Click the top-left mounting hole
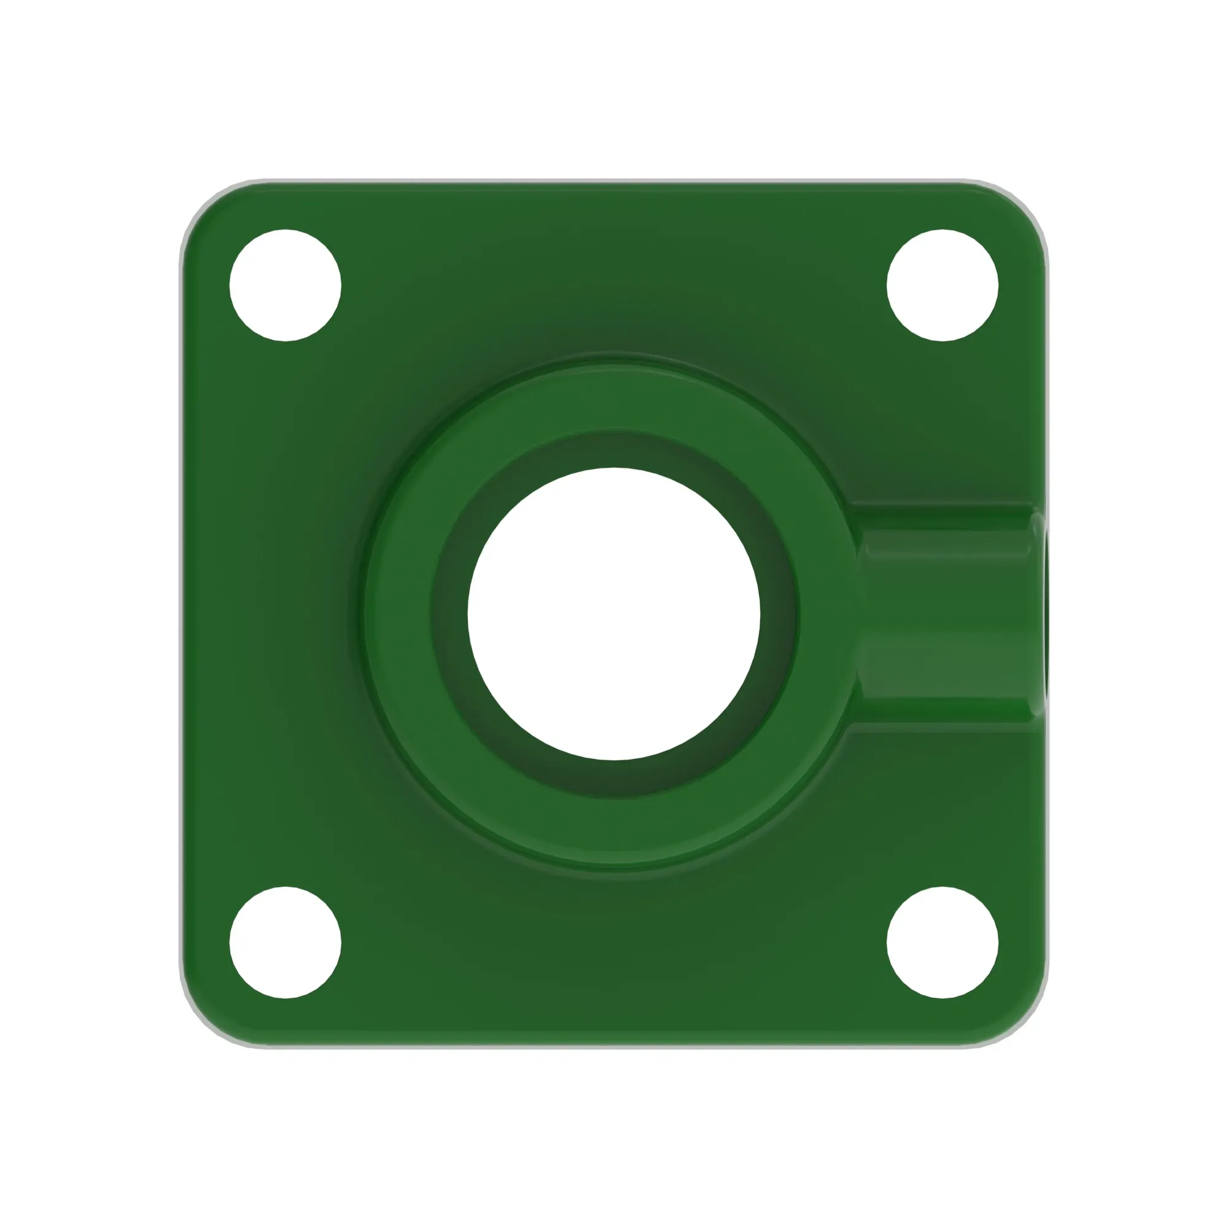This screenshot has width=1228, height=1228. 285,286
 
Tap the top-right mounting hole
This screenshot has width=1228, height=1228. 942,286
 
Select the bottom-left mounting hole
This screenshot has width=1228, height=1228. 285,942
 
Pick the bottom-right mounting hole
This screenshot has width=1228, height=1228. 942,942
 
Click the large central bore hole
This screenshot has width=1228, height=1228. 614,614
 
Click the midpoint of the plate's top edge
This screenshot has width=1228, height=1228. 614,184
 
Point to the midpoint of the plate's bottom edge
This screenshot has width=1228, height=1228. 614,1044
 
